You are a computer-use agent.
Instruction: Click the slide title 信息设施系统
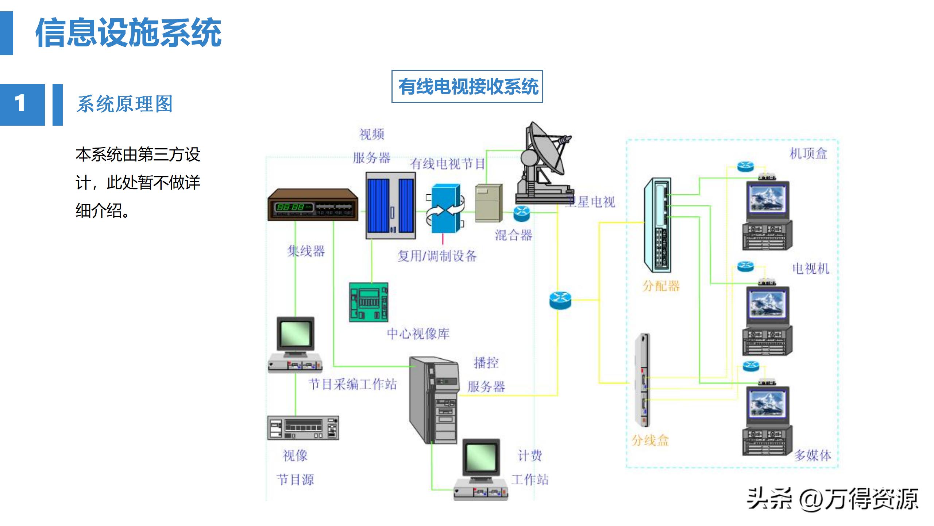pyautogui.click(x=128, y=33)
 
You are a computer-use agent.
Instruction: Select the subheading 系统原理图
pyautogui.click(x=124, y=104)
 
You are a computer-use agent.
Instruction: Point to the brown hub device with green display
pyautogui.click(x=313, y=205)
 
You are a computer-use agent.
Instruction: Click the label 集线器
pyautogui.click(x=306, y=251)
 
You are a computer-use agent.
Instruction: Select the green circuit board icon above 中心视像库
pyautogui.click(x=368, y=302)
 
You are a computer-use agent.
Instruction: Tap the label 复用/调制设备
pyautogui.click(x=437, y=256)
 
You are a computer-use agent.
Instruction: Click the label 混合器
pyautogui.click(x=514, y=235)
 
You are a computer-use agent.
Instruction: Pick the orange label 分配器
pyautogui.click(x=661, y=286)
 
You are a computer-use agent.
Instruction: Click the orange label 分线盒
pyautogui.click(x=650, y=441)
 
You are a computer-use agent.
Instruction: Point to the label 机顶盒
pyautogui.click(x=808, y=153)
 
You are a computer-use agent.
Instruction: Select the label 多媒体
pyautogui.click(x=813, y=456)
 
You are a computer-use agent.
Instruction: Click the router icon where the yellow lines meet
pyautogui.click(x=560, y=300)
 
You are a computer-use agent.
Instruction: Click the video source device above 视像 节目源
pyautogui.click(x=303, y=428)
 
